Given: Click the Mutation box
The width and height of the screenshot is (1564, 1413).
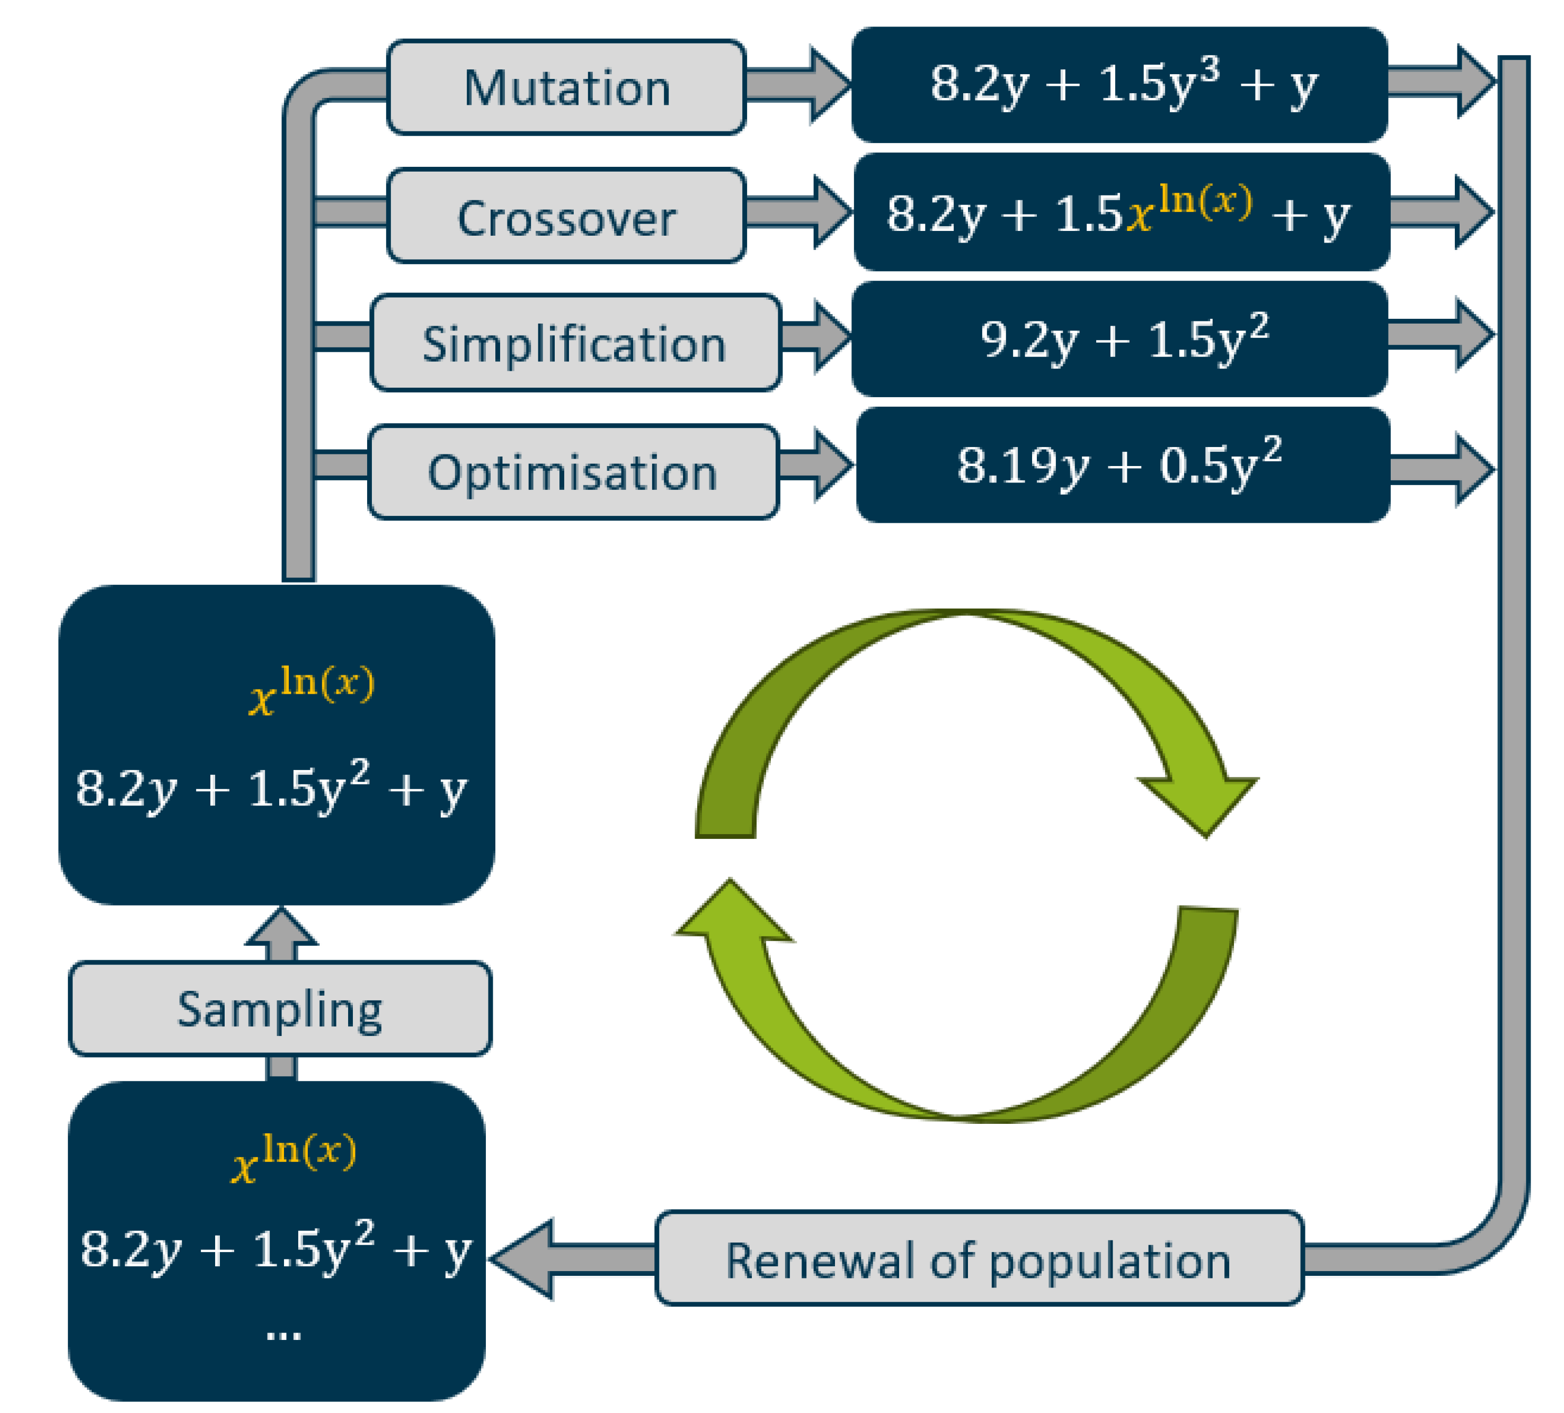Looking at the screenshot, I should click(566, 87).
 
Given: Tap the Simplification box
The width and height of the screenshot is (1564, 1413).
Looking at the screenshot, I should click(575, 343).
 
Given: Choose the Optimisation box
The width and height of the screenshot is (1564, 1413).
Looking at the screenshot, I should click(573, 471).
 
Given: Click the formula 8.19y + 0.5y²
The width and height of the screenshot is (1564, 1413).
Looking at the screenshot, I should click(1122, 466).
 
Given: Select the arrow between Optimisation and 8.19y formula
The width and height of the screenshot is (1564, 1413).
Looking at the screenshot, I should click(815, 466).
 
